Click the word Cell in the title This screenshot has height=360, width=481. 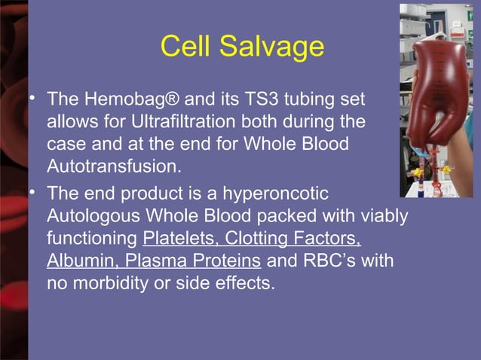click(185, 46)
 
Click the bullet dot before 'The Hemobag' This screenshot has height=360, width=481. click(34, 99)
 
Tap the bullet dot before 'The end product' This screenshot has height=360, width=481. click(34, 194)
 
